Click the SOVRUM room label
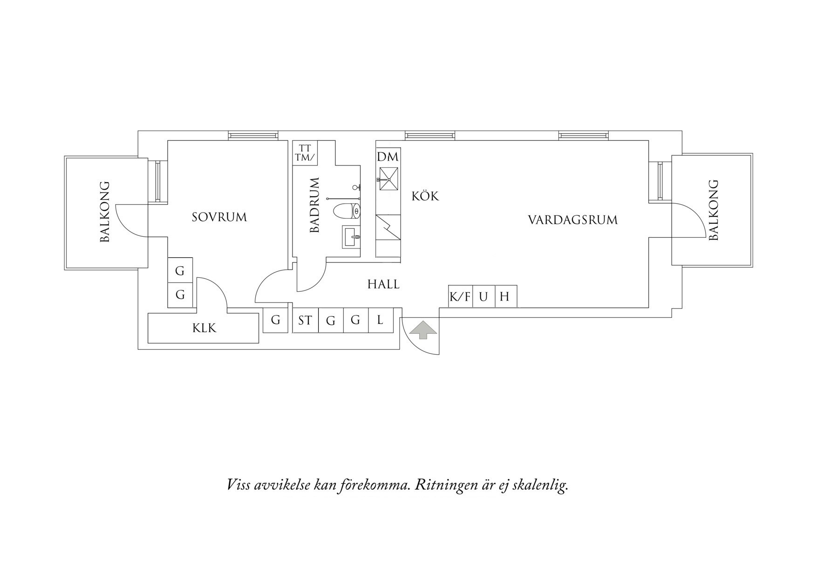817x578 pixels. coord(219,217)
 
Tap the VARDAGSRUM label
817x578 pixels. coord(573,220)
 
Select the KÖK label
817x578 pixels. coord(425,196)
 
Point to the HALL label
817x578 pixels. coord(383,284)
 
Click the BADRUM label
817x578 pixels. coord(315,205)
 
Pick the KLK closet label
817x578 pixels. coord(204,328)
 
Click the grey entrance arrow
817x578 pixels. coord(423,330)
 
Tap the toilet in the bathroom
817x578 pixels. coord(347,212)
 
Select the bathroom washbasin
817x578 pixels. coord(351,237)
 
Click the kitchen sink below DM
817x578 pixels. coord(388,179)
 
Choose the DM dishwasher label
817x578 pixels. coord(388,157)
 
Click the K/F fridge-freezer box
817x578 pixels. coord(460,296)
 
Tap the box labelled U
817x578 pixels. coord(484,296)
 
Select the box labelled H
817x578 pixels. coord(506,296)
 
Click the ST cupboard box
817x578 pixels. coord(306,320)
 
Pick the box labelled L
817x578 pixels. coord(381,320)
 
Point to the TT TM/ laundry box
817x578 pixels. coord(305,153)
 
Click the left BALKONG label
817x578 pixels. coord(105,212)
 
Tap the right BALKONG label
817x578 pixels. coord(714,210)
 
